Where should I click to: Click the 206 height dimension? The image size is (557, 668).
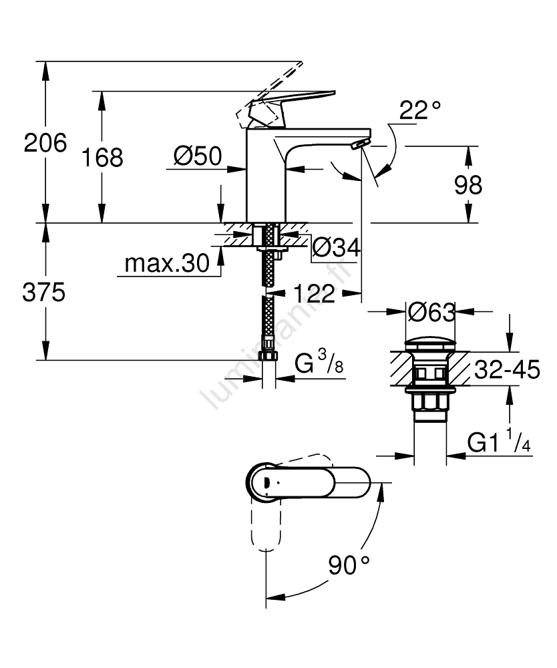[x=46, y=143]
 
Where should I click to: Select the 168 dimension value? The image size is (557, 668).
[x=104, y=158]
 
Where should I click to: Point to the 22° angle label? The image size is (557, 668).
[x=420, y=111]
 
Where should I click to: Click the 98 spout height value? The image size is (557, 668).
[x=468, y=184]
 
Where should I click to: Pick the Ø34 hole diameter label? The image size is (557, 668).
[x=337, y=248]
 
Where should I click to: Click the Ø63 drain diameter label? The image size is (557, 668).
[x=431, y=312]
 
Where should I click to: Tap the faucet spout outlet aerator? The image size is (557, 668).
[x=361, y=143]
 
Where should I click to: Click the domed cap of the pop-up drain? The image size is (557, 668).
[x=431, y=344]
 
